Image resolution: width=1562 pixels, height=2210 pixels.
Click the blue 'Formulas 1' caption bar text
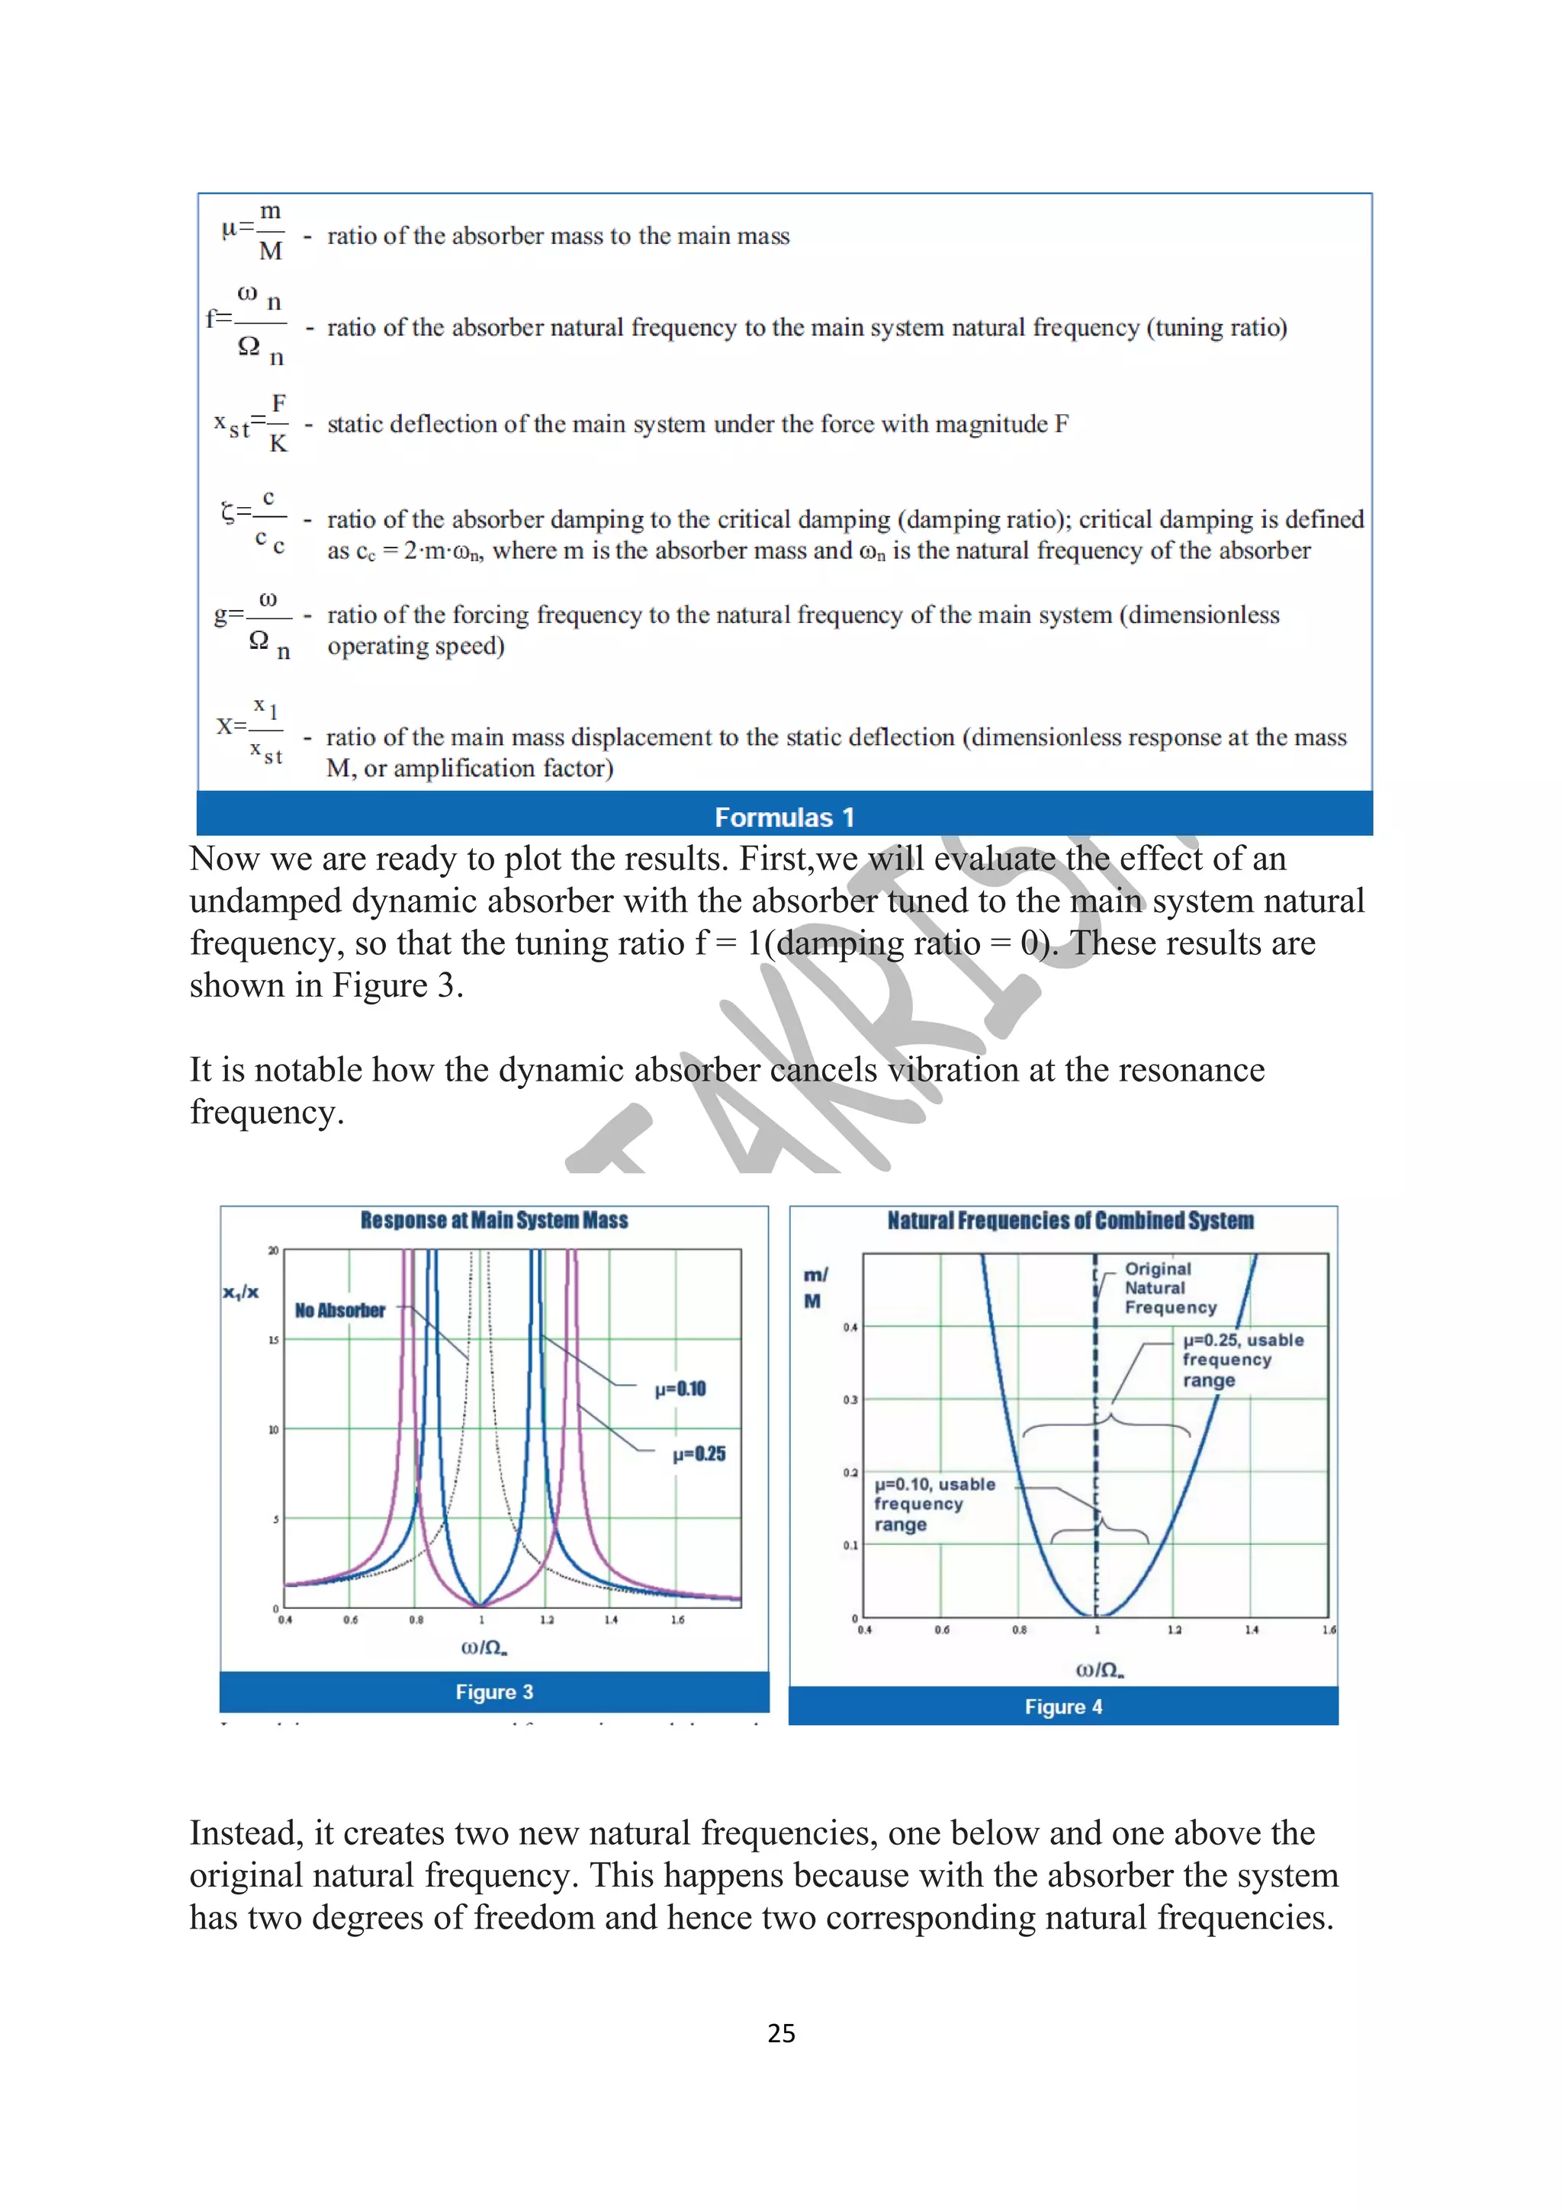pyautogui.click(x=783, y=818)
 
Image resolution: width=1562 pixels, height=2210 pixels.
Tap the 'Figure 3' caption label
pyautogui.click(x=493, y=1691)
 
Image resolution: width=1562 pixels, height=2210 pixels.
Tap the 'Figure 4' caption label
pyautogui.click(x=1062, y=1706)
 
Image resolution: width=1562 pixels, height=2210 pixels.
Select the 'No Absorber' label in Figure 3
pyautogui.click(x=339, y=1310)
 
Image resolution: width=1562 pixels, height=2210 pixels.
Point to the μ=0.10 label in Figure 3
pyautogui.click(x=680, y=1389)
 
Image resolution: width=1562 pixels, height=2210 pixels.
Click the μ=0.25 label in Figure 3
pyautogui.click(x=699, y=1454)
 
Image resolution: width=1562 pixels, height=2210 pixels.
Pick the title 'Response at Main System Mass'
pyautogui.click(x=493, y=1220)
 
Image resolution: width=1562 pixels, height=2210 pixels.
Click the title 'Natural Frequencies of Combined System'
pyautogui.click(x=1069, y=1220)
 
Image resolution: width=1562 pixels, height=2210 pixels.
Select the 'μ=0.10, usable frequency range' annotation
pyautogui.click(x=933, y=1504)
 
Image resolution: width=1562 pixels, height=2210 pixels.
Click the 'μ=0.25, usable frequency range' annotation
pyautogui.click(x=1242, y=1359)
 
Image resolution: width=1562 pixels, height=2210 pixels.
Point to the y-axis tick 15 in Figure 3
pyautogui.click(x=273, y=1340)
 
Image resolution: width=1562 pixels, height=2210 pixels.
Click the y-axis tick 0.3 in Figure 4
pyautogui.click(x=850, y=1399)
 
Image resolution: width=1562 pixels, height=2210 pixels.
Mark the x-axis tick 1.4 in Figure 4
pyautogui.click(x=1251, y=1630)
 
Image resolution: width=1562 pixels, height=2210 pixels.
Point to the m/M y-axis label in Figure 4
pyautogui.click(x=815, y=1288)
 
